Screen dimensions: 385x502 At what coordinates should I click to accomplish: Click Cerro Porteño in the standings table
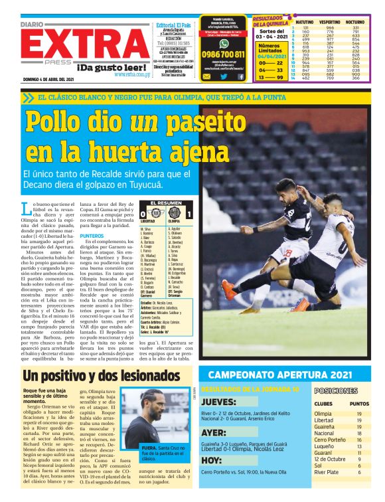coord(330,440)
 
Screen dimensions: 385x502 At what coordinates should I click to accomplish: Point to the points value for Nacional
coord(359,433)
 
